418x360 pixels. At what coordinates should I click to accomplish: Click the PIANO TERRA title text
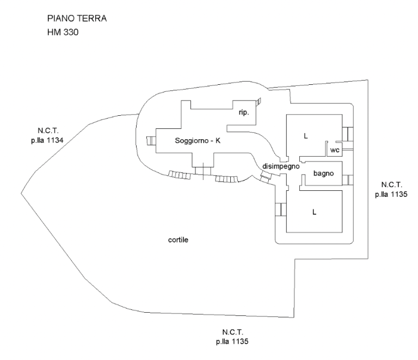click(x=77, y=18)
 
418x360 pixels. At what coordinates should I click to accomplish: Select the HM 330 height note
click(x=63, y=32)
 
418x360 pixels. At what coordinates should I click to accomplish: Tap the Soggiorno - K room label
click(x=198, y=140)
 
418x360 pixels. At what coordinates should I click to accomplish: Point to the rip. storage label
click(x=244, y=113)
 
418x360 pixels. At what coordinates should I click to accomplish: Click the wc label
click(x=335, y=150)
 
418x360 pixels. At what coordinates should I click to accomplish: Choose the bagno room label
click(x=324, y=173)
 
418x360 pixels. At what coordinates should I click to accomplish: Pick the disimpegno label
click(x=281, y=166)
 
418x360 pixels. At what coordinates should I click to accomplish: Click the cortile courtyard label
click(x=178, y=240)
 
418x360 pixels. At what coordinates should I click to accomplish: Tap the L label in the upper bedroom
click(x=305, y=136)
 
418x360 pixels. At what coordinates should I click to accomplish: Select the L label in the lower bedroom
click(x=314, y=212)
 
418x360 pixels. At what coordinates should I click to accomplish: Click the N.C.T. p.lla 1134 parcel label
click(x=47, y=135)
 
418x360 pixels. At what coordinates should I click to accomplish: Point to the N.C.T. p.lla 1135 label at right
click(x=391, y=189)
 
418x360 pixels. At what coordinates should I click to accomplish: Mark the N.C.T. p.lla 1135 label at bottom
click(x=232, y=337)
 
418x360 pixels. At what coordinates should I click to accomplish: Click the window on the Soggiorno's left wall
click(x=151, y=141)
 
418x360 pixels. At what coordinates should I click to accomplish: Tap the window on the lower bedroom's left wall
click(x=281, y=209)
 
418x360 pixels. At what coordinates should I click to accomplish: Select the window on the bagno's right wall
click(x=348, y=180)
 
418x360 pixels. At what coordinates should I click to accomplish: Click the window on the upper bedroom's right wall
click(x=348, y=134)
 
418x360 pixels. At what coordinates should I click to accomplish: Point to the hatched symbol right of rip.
click(x=258, y=102)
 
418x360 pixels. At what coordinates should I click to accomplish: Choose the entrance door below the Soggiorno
click(x=203, y=171)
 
